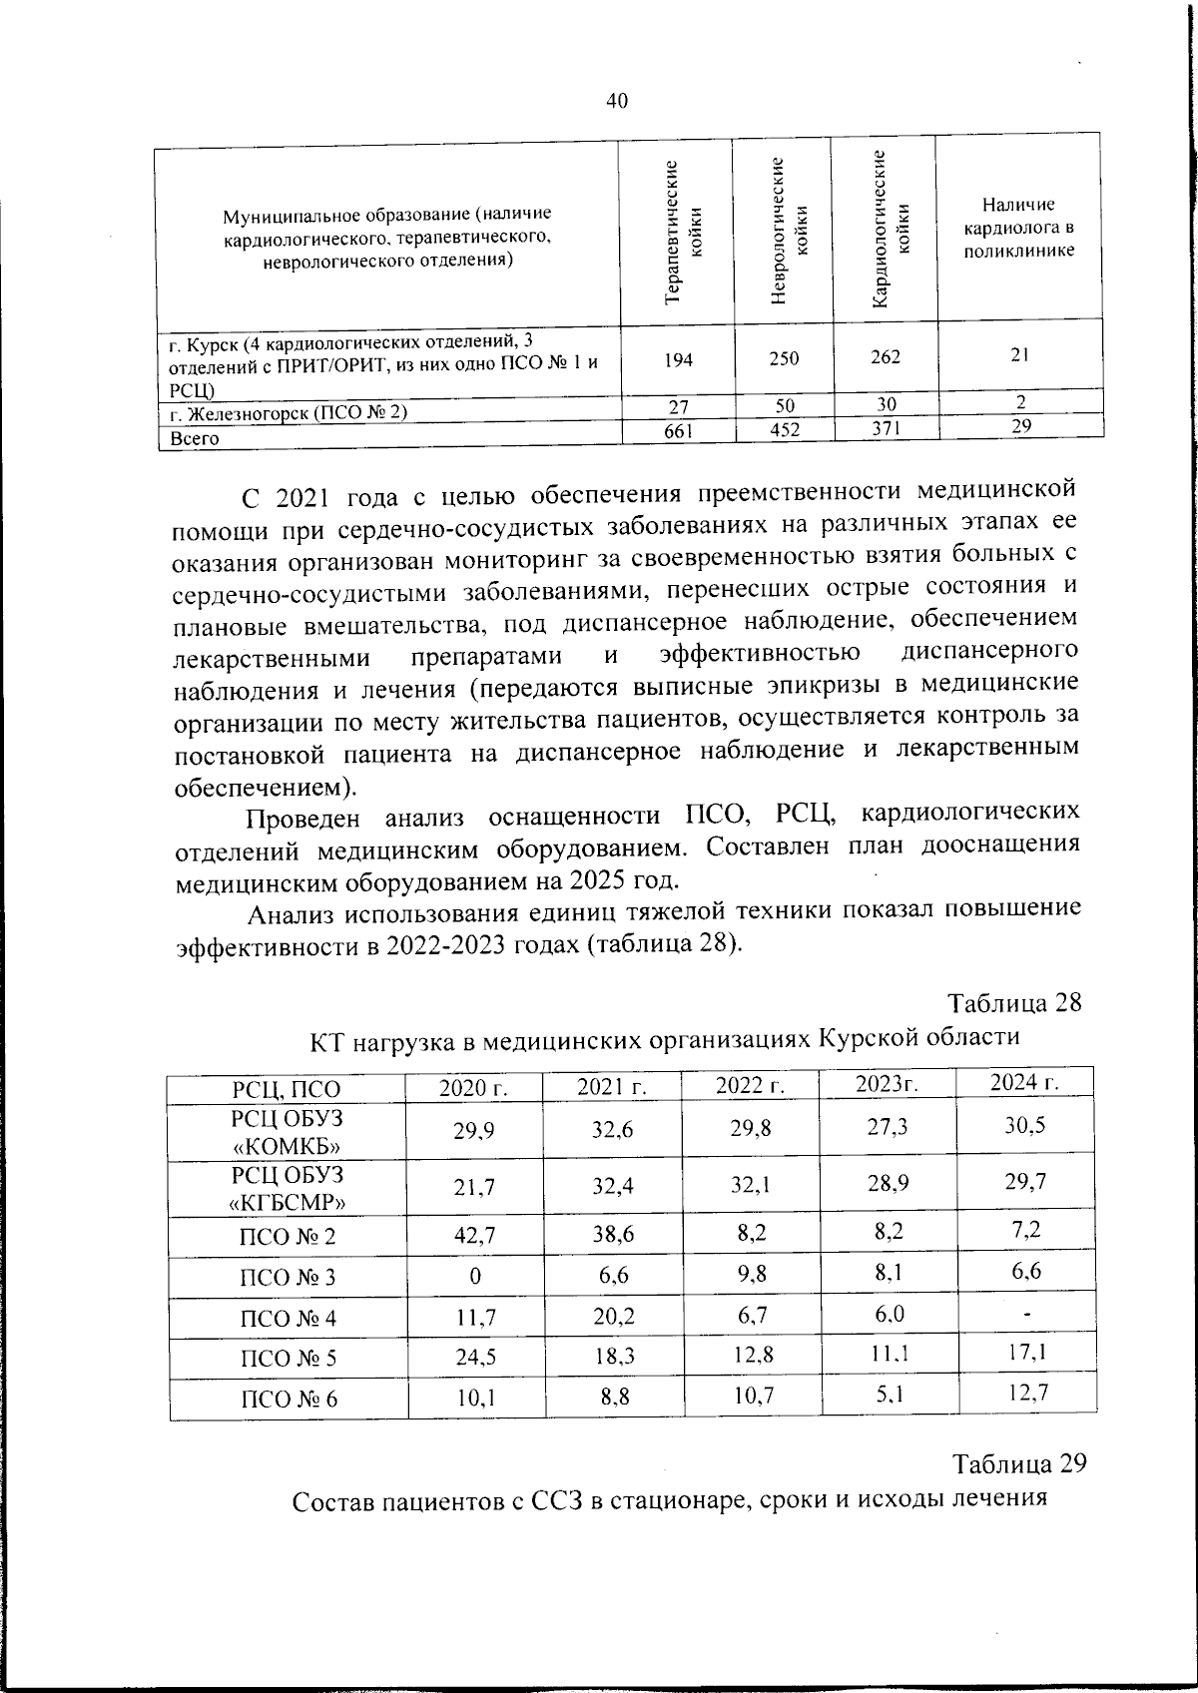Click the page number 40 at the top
tap(616, 100)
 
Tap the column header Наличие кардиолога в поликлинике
tap(1018, 228)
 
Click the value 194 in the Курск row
tap(678, 358)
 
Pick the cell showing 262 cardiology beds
tap(886, 356)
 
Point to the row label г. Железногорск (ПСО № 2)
tap(289, 410)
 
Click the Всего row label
tap(195, 437)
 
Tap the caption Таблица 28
tap(1013, 1002)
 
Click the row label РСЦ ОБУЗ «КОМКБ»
tap(287, 1130)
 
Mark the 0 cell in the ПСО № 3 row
tap(475, 1276)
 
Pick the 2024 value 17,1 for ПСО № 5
tap(1027, 1353)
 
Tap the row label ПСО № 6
tap(289, 1399)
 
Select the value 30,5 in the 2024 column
tap(1025, 1125)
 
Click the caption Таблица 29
tap(1017, 1464)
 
